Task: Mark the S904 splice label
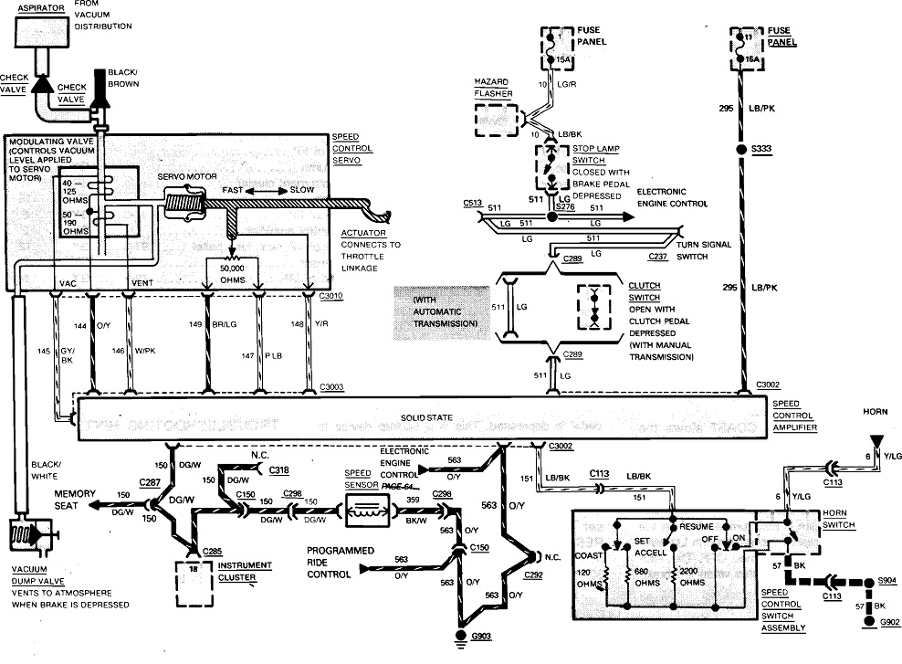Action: click(x=886, y=579)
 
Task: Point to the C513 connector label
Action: click(x=472, y=203)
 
